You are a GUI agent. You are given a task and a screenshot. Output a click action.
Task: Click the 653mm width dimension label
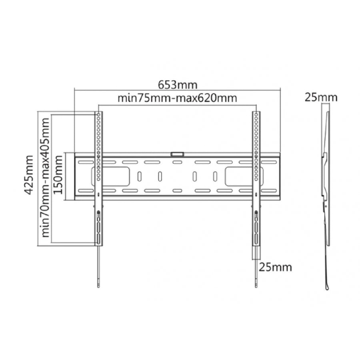pos(178,85)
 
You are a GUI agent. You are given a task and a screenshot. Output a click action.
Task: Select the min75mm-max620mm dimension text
pos(177,98)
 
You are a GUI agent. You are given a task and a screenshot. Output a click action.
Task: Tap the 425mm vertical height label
pos(29,175)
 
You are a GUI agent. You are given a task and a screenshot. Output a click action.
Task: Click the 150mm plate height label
pos(58,175)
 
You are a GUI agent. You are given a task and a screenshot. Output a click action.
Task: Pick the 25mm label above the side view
pos(321,97)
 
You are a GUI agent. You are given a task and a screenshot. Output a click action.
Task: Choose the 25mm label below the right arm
pos(276,267)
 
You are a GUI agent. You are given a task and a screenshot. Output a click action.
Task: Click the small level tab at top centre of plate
pos(177,154)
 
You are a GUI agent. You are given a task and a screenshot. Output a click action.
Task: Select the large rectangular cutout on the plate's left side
pos(111,176)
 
